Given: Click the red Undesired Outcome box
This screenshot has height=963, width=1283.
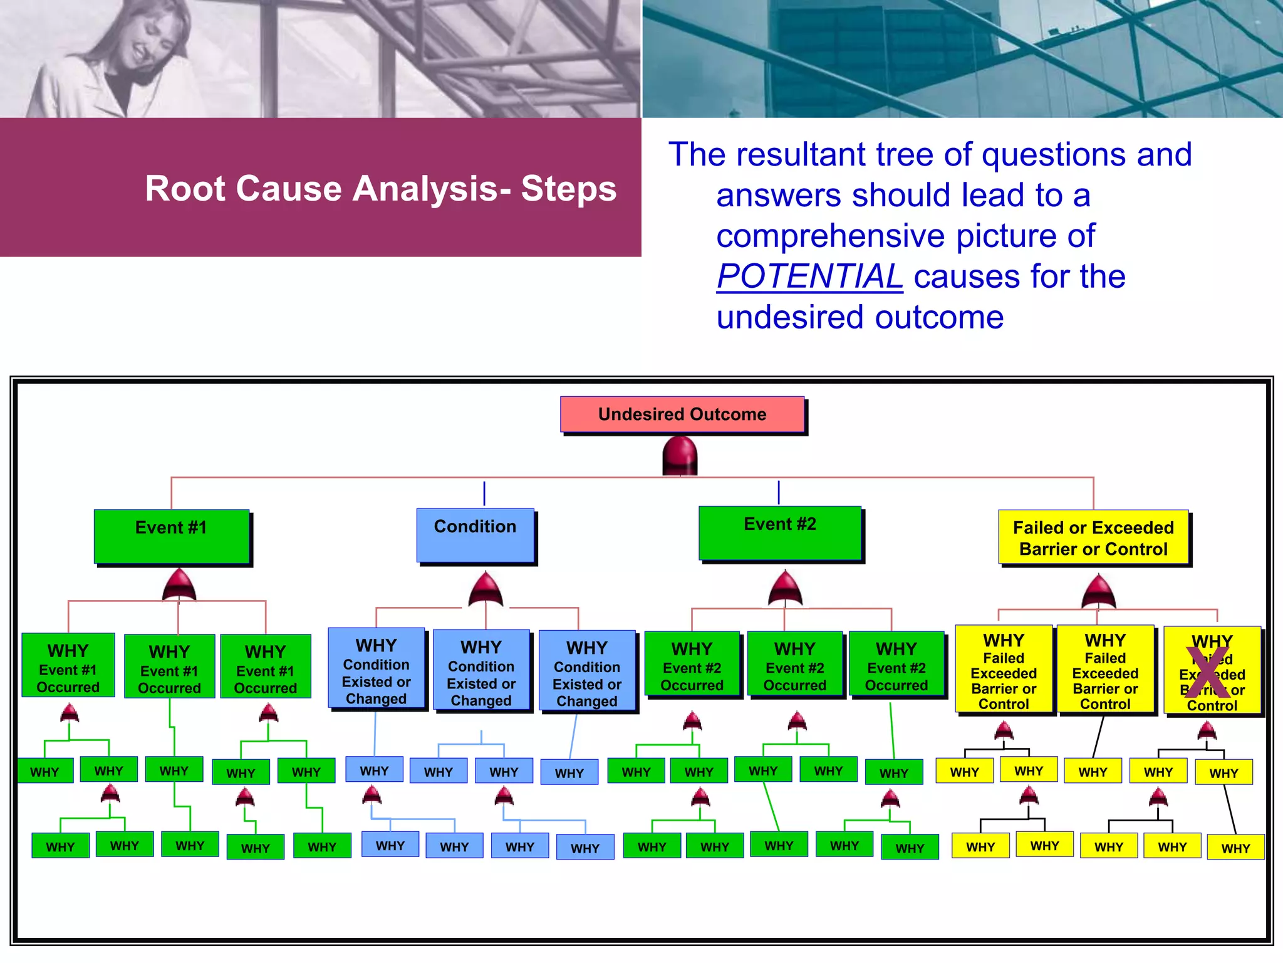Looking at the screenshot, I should pyautogui.click(x=682, y=414).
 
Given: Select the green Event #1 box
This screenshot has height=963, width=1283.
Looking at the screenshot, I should pyautogui.click(x=171, y=536).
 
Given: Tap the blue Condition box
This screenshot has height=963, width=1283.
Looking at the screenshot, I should pyautogui.click(x=475, y=535).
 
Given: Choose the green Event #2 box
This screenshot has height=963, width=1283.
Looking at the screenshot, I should pyautogui.click(x=780, y=533).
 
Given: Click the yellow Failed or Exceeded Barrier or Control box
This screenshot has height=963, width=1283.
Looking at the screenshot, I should pyautogui.click(x=1093, y=538).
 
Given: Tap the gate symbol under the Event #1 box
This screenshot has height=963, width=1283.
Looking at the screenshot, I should pyautogui.click(x=179, y=586).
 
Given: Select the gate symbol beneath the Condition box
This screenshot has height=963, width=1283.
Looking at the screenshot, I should pyautogui.click(x=486, y=589).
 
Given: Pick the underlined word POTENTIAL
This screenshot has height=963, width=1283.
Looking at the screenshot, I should pyautogui.click(x=809, y=276).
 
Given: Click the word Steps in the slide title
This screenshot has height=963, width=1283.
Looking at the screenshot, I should pyautogui.click(x=569, y=189).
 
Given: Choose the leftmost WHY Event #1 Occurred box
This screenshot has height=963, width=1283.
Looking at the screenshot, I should pyautogui.click(x=68, y=665).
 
